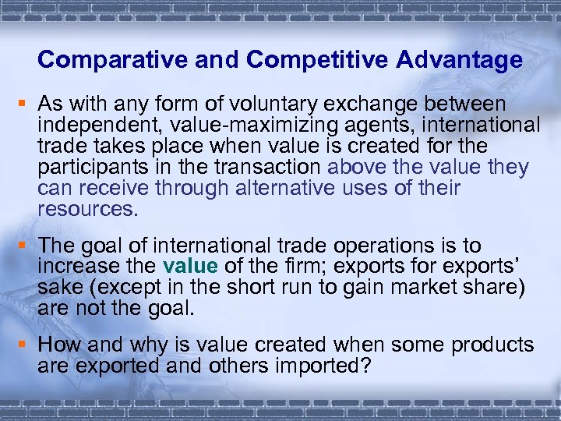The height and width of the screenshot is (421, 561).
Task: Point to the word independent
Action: click(97, 125)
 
